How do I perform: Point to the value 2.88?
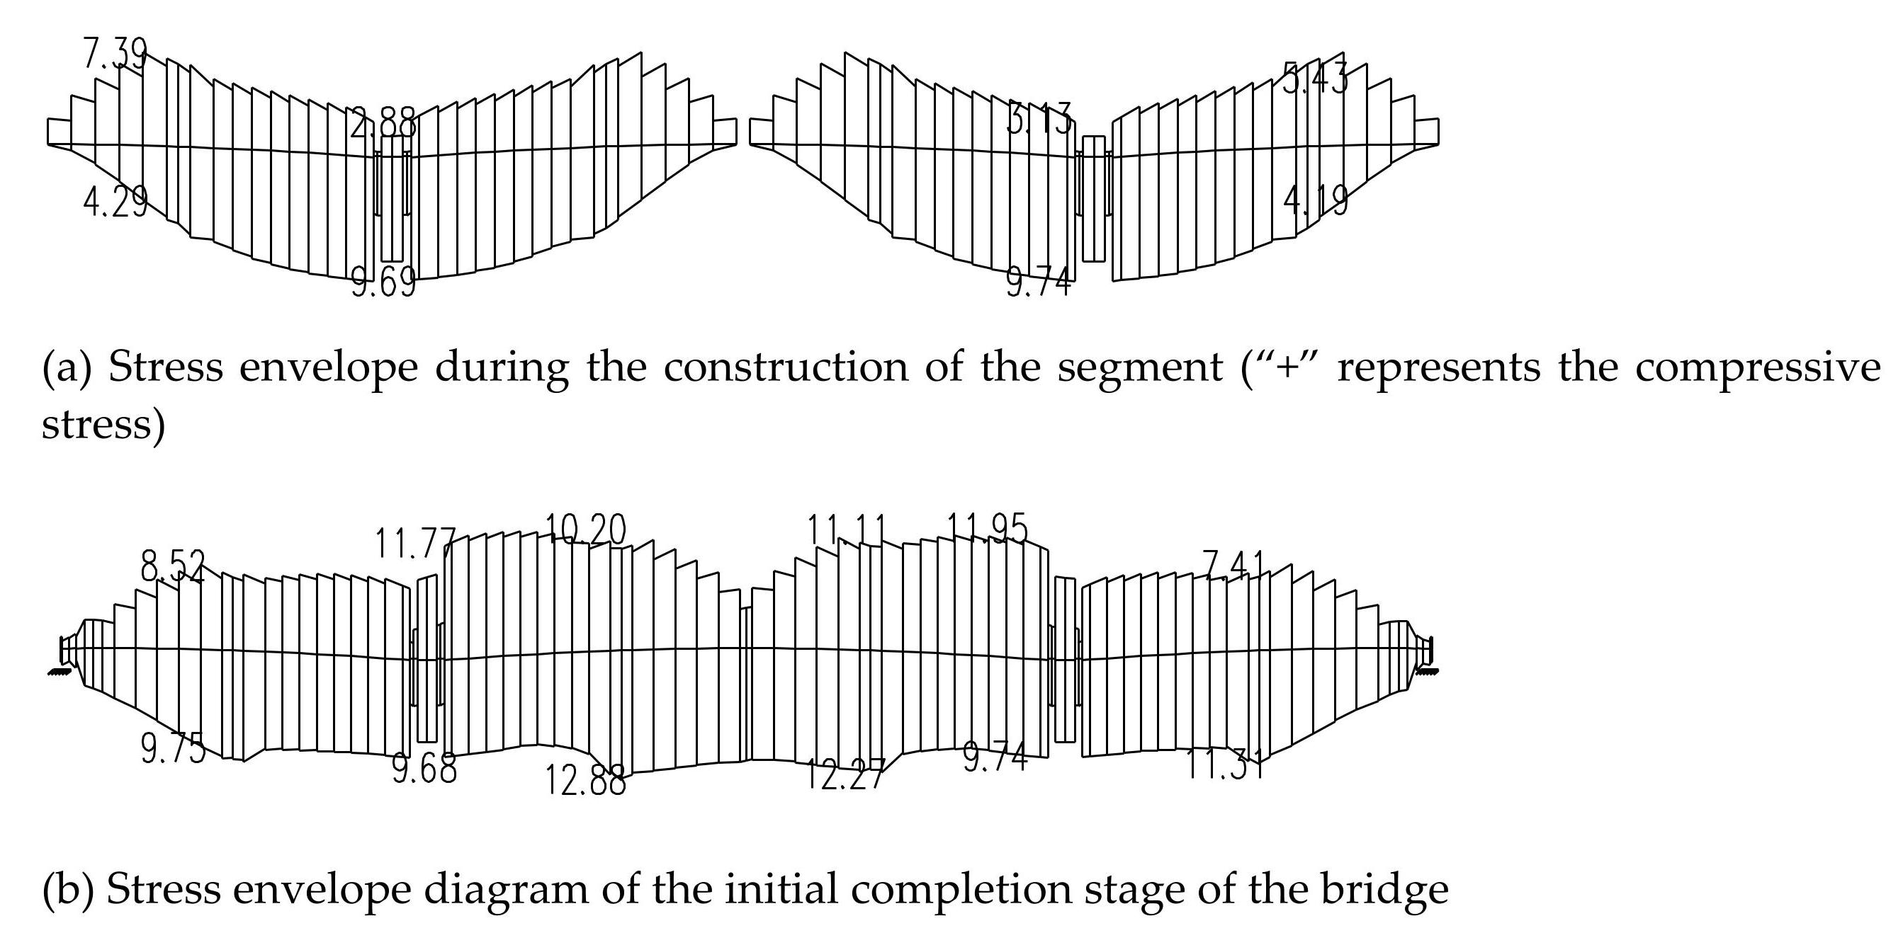pos(383,123)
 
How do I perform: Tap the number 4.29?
pos(115,201)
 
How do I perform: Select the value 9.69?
pos(383,282)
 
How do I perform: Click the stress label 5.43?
pos(1315,79)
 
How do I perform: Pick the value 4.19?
pos(1315,200)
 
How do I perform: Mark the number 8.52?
pos(172,567)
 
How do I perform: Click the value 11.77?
pos(415,544)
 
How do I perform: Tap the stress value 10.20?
pos(585,529)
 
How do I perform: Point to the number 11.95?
pos(988,529)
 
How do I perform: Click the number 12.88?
pos(585,780)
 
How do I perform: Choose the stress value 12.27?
pos(844,774)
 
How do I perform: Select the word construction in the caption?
pos(786,367)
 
